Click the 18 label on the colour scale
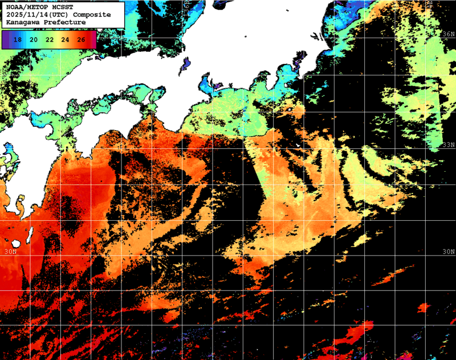[x=18, y=39]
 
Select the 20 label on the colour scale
[x=34, y=39]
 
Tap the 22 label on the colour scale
[x=50, y=39]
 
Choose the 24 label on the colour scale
[x=65, y=39]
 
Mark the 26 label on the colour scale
[x=81, y=39]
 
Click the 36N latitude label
[x=449, y=34]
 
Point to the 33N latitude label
[x=449, y=145]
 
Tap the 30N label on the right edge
[x=449, y=251]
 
